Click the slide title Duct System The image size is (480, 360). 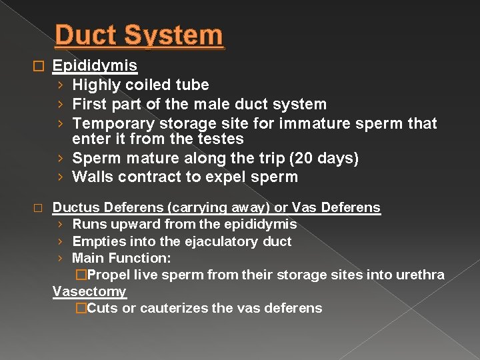pyautogui.click(x=139, y=35)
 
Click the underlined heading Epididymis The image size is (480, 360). pyautogui.click(x=95, y=65)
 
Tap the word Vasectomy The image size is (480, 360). pyautogui.click(x=89, y=291)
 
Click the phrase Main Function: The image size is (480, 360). pyautogui.click(x=121, y=258)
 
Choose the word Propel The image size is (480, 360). pyautogui.click(x=109, y=275)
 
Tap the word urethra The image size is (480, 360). pyautogui.click(x=421, y=275)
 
